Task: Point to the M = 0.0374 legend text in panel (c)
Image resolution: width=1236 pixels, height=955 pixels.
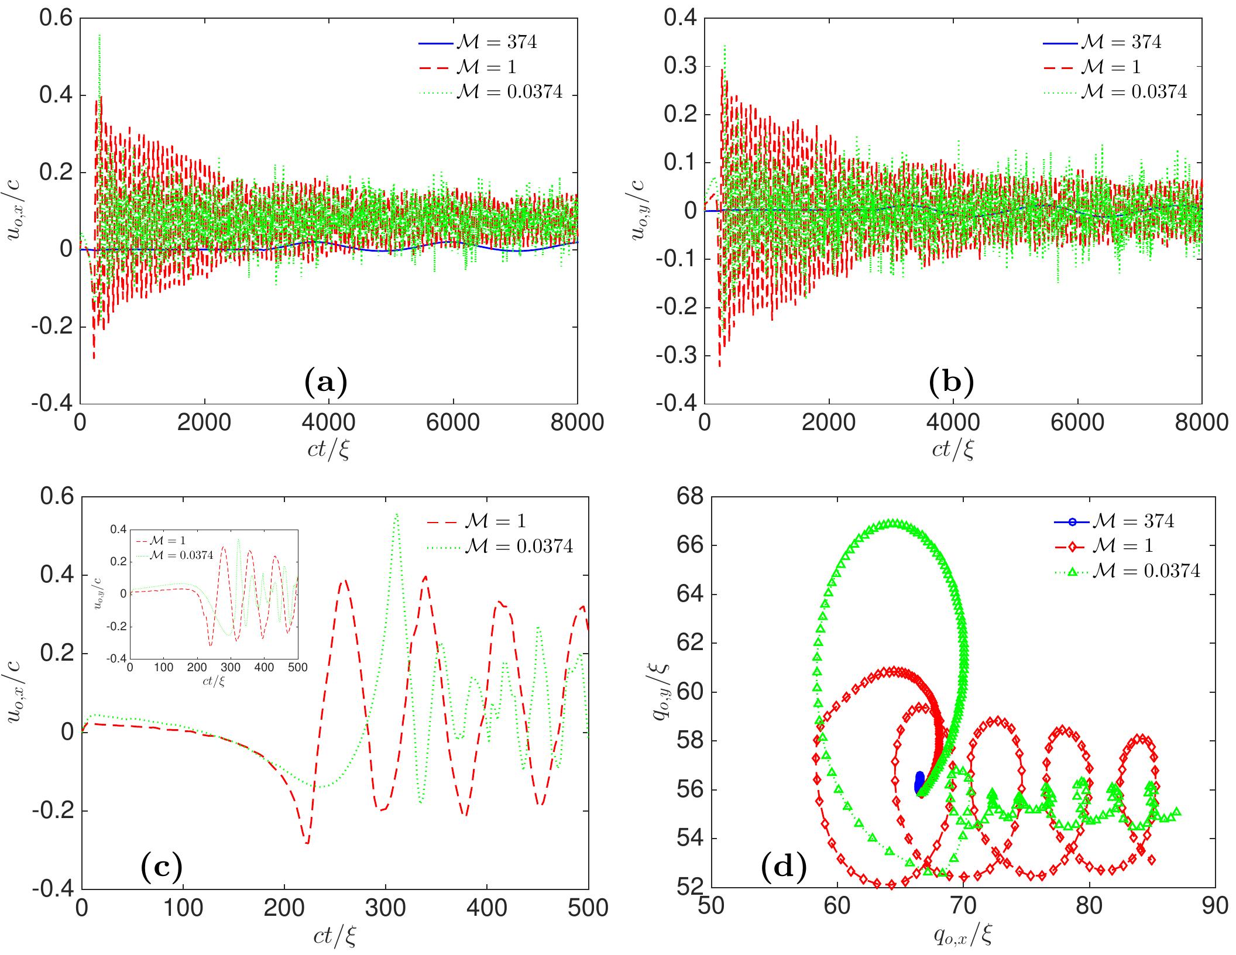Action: click(519, 546)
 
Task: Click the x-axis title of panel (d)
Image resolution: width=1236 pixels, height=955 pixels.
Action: click(963, 936)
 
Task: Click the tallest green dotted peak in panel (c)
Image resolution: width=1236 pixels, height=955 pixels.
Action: click(396, 515)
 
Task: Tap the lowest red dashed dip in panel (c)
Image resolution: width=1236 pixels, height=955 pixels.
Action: click(307, 843)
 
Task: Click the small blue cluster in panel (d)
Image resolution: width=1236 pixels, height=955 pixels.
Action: click(919, 783)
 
